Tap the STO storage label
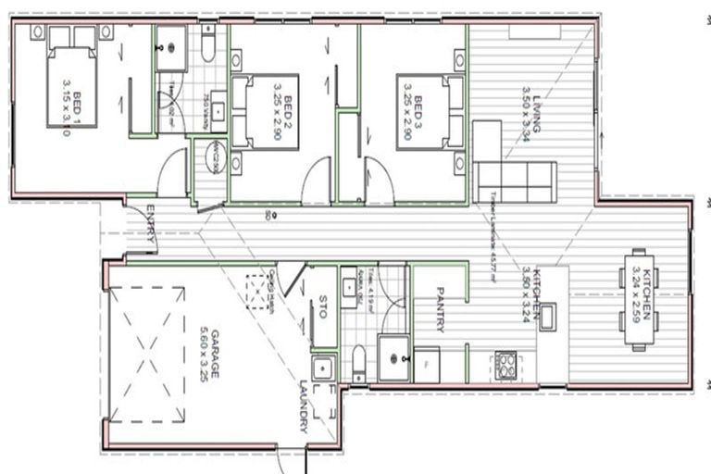[x=322, y=307]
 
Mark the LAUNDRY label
[x=303, y=407]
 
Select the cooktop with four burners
[x=506, y=362]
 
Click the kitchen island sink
[x=547, y=317]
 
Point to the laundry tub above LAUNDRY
[x=322, y=368]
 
